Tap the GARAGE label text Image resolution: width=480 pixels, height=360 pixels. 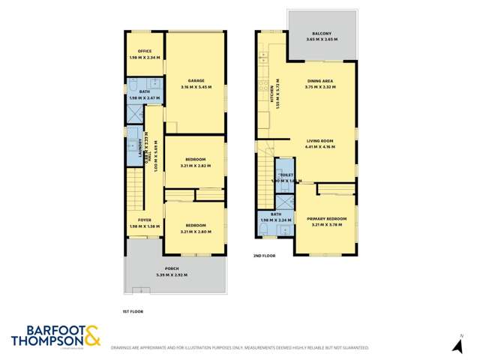click(x=196, y=80)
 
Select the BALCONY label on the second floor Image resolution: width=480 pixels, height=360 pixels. click(x=323, y=34)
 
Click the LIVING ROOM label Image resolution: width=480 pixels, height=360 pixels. click(x=320, y=140)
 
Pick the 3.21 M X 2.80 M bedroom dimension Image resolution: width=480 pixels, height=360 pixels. click(x=196, y=232)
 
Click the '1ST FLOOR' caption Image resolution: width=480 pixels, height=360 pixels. click(x=133, y=310)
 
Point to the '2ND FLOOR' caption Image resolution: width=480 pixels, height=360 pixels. click(x=263, y=256)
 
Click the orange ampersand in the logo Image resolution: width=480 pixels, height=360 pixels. click(x=91, y=335)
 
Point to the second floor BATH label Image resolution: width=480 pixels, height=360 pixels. click(x=275, y=213)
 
